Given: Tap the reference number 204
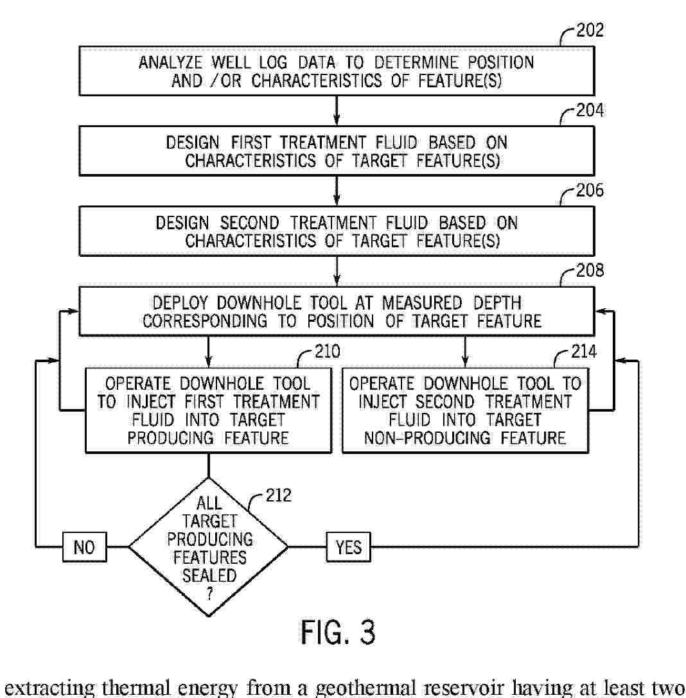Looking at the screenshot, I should pos(589,111).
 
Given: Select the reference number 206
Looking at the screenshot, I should pos(589,191).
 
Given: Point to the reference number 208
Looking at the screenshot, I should pos(589,271).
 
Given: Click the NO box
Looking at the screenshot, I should pos(84,547).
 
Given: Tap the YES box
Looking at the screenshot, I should pos(349,547).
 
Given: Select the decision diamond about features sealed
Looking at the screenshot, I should pos(209,547).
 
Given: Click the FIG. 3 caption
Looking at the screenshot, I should pos(337,632).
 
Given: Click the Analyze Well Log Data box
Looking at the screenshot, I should pos(337,72).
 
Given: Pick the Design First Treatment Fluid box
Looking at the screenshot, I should pos(337,152).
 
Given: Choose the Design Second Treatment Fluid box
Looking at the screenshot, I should pos(337,232).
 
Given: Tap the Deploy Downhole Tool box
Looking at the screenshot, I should pos(337,311).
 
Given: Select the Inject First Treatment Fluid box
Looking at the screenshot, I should pos(209,411).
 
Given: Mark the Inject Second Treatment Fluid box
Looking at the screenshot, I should pos(465,411).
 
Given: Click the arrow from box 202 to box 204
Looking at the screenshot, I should pos(337,109).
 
